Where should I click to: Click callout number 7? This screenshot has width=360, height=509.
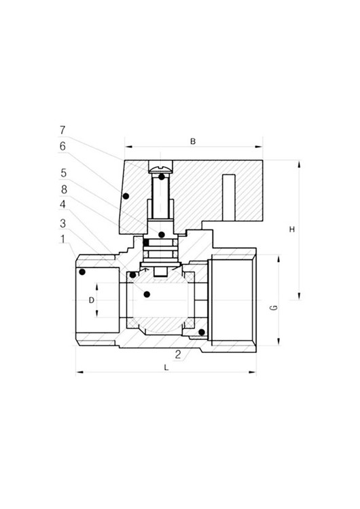(x=62, y=130)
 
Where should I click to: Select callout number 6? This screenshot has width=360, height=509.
(x=62, y=147)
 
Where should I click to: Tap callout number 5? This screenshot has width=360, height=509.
(x=63, y=173)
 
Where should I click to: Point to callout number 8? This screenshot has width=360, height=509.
(x=64, y=189)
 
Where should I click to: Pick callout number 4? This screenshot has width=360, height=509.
(x=62, y=204)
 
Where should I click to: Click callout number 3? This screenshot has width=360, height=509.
(x=62, y=223)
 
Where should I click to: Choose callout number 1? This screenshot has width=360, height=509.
(x=62, y=239)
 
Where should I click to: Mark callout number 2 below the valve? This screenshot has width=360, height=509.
(x=178, y=354)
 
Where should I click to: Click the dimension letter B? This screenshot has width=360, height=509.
(x=193, y=142)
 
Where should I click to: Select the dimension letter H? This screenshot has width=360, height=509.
(x=292, y=229)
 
